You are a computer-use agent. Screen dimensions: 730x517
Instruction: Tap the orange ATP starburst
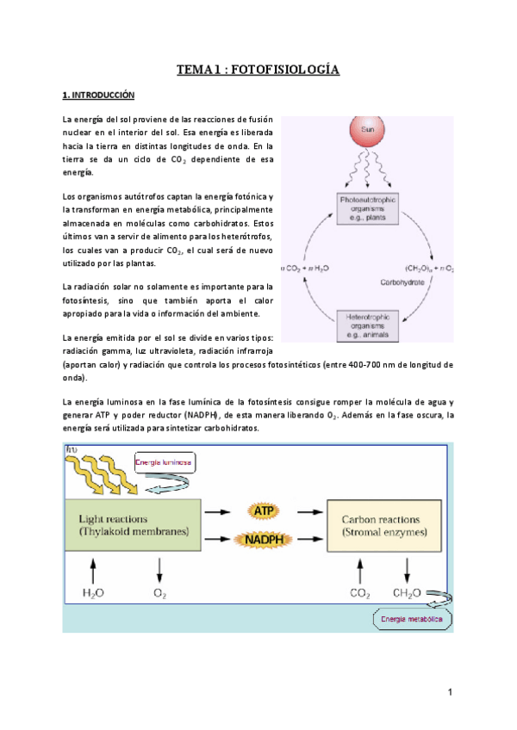(263, 512)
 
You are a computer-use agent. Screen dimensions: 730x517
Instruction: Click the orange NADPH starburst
(263, 540)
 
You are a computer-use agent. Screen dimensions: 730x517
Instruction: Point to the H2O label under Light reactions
(94, 593)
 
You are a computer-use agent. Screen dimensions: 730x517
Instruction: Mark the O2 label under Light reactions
(159, 593)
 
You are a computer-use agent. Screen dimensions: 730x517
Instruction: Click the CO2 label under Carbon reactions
(359, 593)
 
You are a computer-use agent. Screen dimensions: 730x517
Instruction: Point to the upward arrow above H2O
(94, 568)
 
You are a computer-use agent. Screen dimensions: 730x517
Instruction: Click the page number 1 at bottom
(450, 694)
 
